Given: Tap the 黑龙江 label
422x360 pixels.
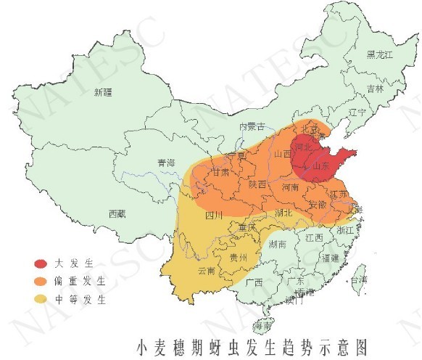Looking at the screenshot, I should [379, 54].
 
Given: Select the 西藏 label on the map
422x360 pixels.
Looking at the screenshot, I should [117, 213].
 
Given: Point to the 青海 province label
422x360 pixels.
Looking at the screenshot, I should [167, 163].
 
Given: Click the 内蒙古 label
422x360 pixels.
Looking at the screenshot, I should [253, 127].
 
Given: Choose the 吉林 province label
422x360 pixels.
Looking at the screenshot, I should [375, 89].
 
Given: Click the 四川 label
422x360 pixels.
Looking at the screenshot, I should [213, 215].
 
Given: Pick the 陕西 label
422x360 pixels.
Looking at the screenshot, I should [257, 184].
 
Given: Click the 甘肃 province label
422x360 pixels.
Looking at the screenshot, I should [220, 173].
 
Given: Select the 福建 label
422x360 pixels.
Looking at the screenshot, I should [330, 258].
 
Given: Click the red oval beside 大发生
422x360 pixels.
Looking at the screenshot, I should [43, 263].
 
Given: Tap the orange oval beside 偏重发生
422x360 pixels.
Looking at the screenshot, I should [43, 280].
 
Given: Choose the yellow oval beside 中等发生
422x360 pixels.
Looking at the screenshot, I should [43, 298].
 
